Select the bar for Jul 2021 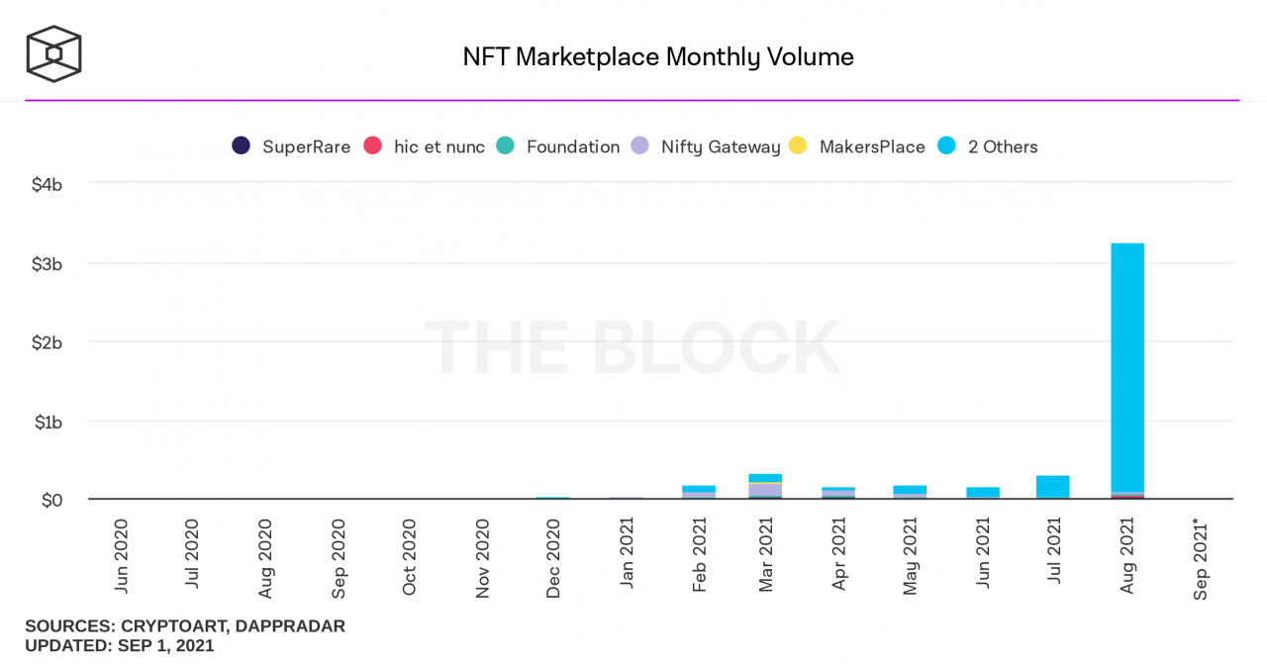pyautogui.click(x=1053, y=487)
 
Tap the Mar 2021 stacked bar pyautogui.click(x=765, y=486)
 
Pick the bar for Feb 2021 pyautogui.click(x=699, y=492)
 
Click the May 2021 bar pyautogui.click(x=910, y=492)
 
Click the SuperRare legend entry pyautogui.click(x=291, y=146)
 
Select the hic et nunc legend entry pyautogui.click(x=425, y=146)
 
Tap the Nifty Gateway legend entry pyautogui.click(x=706, y=146)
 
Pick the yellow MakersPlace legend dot pyautogui.click(x=798, y=146)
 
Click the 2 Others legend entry pyautogui.click(x=987, y=146)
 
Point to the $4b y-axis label pyautogui.click(x=48, y=184)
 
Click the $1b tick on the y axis pyautogui.click(x=48, y=422)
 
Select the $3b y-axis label pyautogui.click(x=48, y=263)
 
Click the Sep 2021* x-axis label pyautogui.click(x=1201, y=558)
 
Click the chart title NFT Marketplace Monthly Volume pyautogui.click(x=657, y=56)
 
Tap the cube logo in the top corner pyautogui.click(x=53, y=53)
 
